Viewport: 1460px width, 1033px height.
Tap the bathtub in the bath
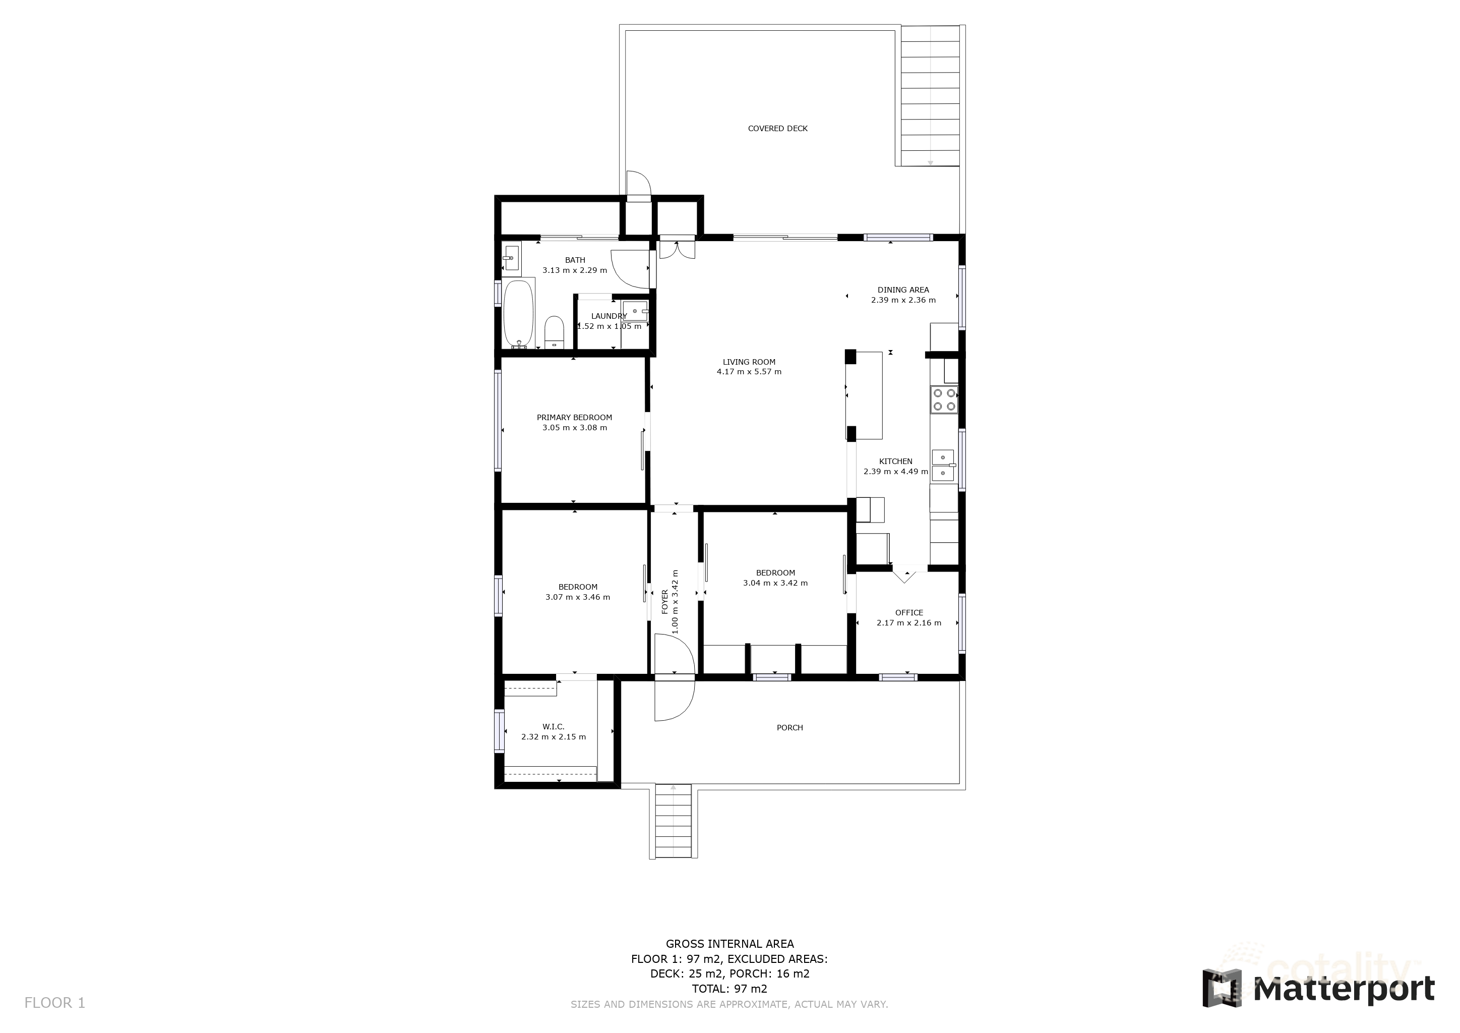(x=518, y=314)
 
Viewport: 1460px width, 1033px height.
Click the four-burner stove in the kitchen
(x=944, y=399)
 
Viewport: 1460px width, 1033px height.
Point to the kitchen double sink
(x=943, y=465)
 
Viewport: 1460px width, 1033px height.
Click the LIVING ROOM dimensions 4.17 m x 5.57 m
(x=749, y=372)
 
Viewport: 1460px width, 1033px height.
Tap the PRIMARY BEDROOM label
(x=574, y=418)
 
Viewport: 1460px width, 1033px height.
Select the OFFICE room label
(x=908, y=612)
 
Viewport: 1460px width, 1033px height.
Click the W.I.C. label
(x=553, y=726)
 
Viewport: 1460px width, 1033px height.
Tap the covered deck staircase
(x=930, y=95)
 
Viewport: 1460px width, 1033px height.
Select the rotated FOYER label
(x=665, y=601)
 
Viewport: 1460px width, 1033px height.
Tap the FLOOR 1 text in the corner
(x=54, y=1003)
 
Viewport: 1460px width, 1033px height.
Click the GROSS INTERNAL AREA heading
(x=729, y=944)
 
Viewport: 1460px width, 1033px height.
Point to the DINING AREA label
(x=902, y=290)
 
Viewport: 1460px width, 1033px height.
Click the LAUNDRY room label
(x=609, y=316)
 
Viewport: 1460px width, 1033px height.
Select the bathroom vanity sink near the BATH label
(x=511, y=258)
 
